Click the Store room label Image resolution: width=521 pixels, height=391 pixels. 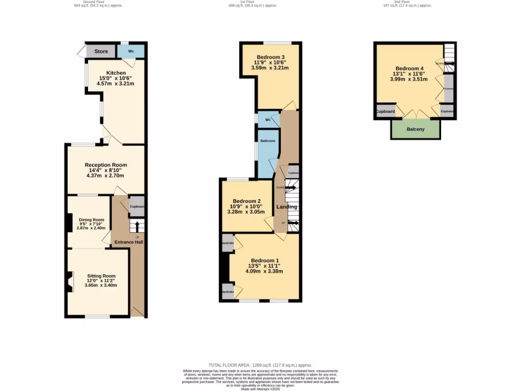(101, 51)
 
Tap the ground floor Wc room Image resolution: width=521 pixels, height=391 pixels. (131, 51)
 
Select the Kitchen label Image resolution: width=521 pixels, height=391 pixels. (116, 73)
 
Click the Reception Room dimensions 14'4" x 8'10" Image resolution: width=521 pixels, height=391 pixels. (105, 170)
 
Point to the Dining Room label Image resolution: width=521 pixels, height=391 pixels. (91, 219)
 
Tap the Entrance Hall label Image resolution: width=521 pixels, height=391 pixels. (128, 242)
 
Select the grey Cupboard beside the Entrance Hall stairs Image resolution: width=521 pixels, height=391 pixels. (137, 206)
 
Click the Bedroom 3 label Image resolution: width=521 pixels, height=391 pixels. (271, 57)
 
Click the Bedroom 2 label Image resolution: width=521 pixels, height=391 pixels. (246, 201)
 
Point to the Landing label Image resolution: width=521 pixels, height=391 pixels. (286, 207)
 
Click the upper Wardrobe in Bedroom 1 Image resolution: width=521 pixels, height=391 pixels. (227, 242)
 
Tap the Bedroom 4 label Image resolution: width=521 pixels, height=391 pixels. (409, 68)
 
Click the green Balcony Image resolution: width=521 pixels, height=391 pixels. (415, 129)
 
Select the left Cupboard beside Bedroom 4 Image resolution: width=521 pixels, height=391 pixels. (385, 111)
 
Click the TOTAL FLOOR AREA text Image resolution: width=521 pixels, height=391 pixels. (260, 365)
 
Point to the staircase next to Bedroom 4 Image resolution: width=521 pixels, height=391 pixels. (449, 57)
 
